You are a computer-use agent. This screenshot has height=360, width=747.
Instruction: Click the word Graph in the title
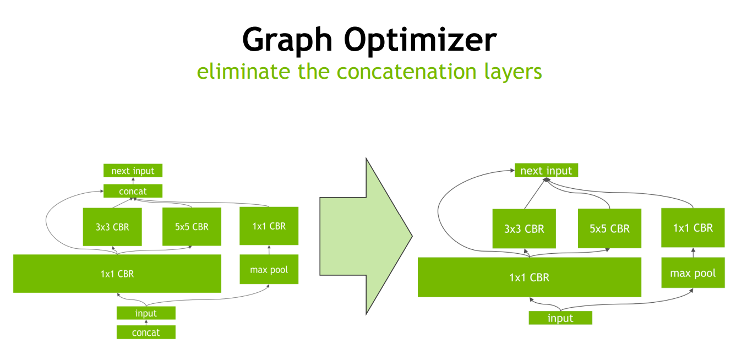pyautogui.click(x=287, y=40)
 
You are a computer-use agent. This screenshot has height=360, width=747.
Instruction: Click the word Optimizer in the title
pyautogui.click(x=420, y=40)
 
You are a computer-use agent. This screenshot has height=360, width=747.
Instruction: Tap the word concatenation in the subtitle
pyautogui.click(x=407, y=72)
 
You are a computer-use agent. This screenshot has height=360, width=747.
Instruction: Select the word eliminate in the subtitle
pyautogui.click(x=243, y=72)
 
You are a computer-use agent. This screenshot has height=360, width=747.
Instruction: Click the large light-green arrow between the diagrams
pyautogui.click(x=366, y=236)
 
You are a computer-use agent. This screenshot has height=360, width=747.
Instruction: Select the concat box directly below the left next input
pyautogui.click(x=133, y=191)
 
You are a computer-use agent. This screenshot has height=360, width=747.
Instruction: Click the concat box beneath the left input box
pyautogui.click(x=146, y=332)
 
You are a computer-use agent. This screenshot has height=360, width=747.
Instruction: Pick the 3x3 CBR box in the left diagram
pyautogui.click(x=112, y=227)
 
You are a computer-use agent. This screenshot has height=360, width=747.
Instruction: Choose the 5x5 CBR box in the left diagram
pyautogui.click(x=192, y=227)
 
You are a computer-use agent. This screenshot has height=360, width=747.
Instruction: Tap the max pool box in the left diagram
pyautogui.click(x=269, y=269)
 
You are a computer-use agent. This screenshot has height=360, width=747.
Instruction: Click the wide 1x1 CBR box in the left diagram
pyautogui.click(x=117, y=274)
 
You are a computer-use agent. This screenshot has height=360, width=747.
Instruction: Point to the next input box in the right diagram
pyautogui.click(x=546, y=170)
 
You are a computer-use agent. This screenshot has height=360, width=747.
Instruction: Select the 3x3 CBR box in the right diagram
pyautogui.click(x=524, y=228)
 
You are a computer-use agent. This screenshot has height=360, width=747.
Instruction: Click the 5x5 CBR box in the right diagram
pyautogui.click(x=609, y=228)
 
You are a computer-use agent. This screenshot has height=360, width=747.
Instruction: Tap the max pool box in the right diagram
pyautogui.click(x=693, y=272)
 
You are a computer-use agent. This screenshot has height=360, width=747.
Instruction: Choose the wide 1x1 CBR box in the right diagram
pyautogui.click(x=530, y=277)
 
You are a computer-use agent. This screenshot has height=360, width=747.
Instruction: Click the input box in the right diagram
pyautogui.click(x=560, y=318)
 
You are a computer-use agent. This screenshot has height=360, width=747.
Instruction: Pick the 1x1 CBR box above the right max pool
pyautogui.click(x=693, y=228)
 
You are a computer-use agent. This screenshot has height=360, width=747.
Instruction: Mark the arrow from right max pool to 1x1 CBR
pyautogui.click(x=693, y=253)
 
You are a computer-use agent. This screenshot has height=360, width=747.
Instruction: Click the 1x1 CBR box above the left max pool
pyautogui.click(x=269, y=226)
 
